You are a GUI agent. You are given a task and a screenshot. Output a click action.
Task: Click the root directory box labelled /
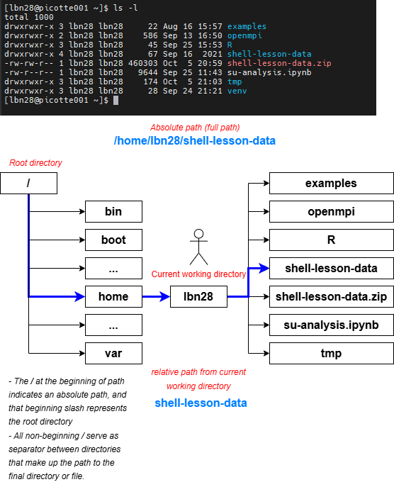pyautogui.click(x=28, y=183)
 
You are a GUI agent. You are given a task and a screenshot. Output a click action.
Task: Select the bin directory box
pyautogui.click(x=113, y=211)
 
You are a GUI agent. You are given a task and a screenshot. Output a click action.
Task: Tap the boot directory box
pyautogui.click(x=113, y=240)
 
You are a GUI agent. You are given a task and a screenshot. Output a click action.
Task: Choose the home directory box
pyautogui.click(x=113, y=296)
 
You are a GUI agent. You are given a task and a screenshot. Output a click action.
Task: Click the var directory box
pyautogui.click(x=113, y=353)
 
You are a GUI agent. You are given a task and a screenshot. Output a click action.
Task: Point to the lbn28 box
pyautogui.click(x=198, y=296)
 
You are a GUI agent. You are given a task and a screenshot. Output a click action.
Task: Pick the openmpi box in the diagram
pyautogui.click(x=332, y=211)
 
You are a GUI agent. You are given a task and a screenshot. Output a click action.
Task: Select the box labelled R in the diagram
pyautogui.click(x=332, y=240)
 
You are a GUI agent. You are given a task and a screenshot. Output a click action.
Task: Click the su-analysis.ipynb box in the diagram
pyautogui.click(x=332, y=325)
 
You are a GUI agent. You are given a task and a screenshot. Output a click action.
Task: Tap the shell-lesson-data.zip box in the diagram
pyautogui.click(x=332, y=296)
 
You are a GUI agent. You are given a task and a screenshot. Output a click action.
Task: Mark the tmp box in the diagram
pyautogui.click(x=332, y=353)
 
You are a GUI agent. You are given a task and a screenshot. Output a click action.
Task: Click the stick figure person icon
pyautogui.click(x=198, y=247)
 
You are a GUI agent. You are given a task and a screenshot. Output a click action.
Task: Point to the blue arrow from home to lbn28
pyautogui.click(x=156, y=296)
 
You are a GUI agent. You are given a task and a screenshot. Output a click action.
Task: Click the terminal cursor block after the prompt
pyautogui.click(x=116, y=101)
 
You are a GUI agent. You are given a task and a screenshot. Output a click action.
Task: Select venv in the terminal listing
pyautogui.click(x=237, y=91)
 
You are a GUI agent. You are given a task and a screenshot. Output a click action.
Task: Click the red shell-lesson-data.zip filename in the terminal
pyautogui.click(x=279, y=63)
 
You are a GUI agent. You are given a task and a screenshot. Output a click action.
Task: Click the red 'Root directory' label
pyautogui.click(x=35, y=162)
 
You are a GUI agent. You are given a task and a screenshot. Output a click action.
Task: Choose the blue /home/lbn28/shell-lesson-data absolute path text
pyautogui.click(x=195, y=141)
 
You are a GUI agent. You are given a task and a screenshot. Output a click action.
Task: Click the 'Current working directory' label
pyautogui.click(x=198, y=274)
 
